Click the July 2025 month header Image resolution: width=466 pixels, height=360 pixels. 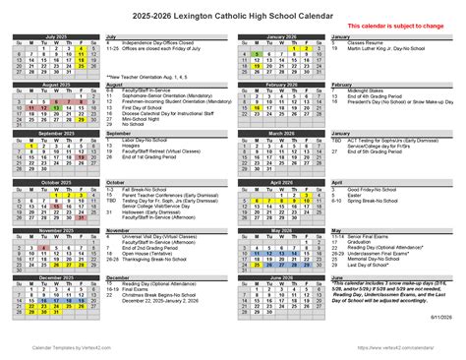[56, 36]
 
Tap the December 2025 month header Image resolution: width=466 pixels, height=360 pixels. [56, 277]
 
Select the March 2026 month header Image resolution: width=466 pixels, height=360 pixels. [281, 133]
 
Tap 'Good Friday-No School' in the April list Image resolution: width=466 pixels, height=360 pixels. [372, 188]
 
